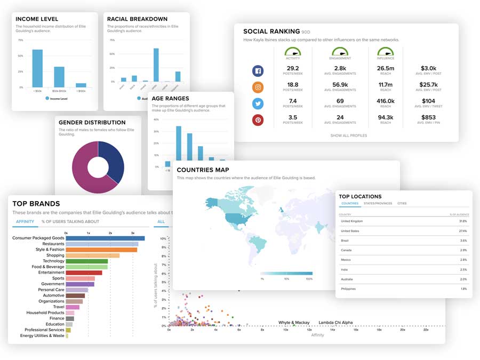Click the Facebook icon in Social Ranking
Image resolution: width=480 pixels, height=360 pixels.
click(258, 70)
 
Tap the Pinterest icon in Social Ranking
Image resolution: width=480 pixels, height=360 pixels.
click(258, 120)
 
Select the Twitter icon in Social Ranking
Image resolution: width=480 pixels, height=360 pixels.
click(258, 103)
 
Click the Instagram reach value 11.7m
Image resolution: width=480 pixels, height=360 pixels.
click(386, 84)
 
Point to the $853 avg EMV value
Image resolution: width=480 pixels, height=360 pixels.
click(428, 117)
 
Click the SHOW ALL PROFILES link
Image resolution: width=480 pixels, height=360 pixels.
click(348, 135)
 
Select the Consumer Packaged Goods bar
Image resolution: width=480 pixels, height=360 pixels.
click(105, 238)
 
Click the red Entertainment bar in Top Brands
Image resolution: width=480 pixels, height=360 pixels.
click(80, 273)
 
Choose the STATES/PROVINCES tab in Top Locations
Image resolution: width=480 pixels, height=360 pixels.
click(378, 203)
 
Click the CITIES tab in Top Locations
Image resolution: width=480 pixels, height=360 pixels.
click(402, 203)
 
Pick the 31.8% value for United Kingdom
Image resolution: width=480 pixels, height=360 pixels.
click(462, 221)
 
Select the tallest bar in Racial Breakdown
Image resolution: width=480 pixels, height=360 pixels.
click(156, 65)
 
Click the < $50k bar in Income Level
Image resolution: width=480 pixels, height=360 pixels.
click(37, 68)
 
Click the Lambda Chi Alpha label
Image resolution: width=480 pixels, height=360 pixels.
click(335, 323)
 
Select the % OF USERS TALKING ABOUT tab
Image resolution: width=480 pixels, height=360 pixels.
click(70, 221)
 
